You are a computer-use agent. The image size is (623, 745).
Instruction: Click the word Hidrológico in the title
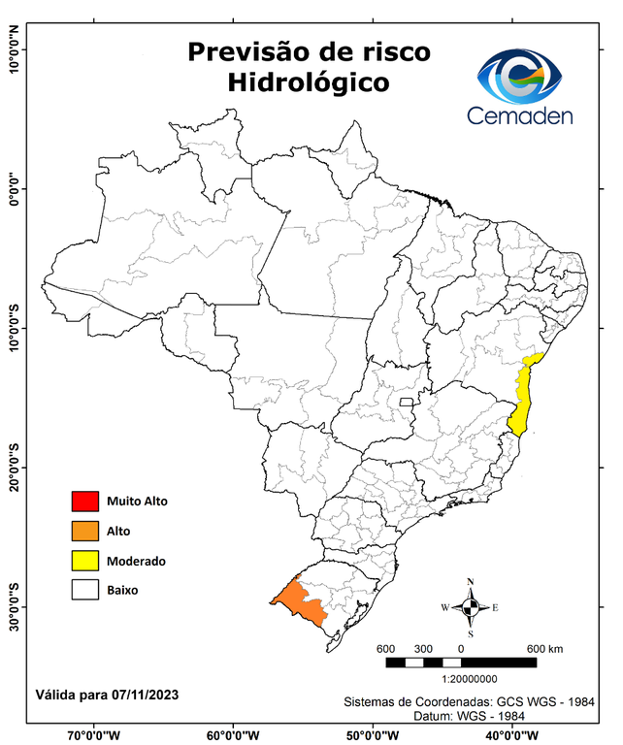pyautogui.click(x=310, y=82)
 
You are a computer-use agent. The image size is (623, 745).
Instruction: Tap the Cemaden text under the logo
pyautogui.click(x=520, y=116)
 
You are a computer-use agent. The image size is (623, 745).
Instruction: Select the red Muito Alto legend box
pyautogui.click(x=85, y=502)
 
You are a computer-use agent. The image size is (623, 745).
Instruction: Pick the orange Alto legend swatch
pyautogui.click(x=85, y=531)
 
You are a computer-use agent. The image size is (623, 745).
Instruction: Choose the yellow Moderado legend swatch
pyautogui.click(x=85, y=560)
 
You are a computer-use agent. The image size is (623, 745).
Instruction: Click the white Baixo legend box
pyautogui.click(x=85, y=589)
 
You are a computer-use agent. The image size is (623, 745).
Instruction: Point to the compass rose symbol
pyautogui.click(x=470, y=607)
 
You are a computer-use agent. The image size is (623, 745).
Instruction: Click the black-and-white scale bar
pyautogui.click(x=461, y=663)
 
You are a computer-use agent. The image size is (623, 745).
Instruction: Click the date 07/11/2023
pyautogui.click(x=145, y=696)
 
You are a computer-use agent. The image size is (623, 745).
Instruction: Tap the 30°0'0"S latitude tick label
pyautogui.click(x=14, y=606)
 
